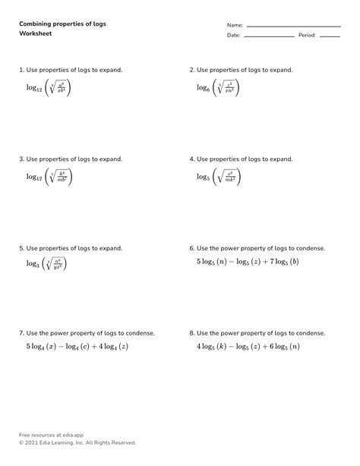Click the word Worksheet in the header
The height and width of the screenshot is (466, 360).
point(35,34)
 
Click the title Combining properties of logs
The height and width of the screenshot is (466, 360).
point(62,24)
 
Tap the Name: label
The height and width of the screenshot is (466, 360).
point(235,25)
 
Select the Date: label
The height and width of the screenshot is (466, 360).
point(233,35)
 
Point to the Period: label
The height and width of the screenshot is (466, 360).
point(307,35)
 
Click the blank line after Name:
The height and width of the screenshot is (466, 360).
point(293,27)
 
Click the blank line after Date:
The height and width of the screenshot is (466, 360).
point(269,36)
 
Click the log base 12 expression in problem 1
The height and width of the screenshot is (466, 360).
point(49,89)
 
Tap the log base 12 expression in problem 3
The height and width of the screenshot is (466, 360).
point(49,178)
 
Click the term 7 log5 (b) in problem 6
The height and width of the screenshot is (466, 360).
point(283,262)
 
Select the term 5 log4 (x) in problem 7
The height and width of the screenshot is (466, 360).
point(43,347)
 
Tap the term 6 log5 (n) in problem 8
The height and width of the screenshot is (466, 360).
point(283,347)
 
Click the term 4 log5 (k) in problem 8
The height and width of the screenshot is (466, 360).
point(214,347)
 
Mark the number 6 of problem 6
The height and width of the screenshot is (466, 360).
point(191,248)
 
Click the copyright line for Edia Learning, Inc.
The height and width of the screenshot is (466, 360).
point(77,442)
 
